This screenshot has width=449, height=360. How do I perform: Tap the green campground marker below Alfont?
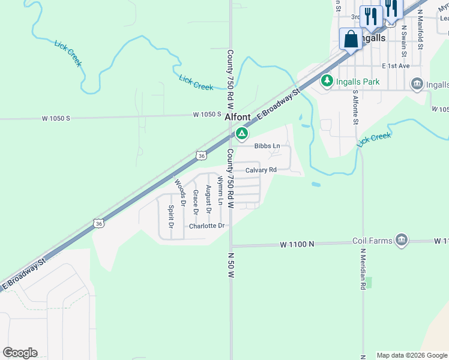point(242,133)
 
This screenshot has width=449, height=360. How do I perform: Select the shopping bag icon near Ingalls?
point(351,40)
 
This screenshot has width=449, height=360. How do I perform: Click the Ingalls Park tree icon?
point(327,80)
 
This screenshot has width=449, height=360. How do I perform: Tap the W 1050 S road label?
point(207,114)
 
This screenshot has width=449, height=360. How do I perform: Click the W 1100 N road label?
point(297,244)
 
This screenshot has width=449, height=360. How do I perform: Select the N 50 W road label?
point(231,265)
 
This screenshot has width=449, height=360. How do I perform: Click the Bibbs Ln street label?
point(267,146)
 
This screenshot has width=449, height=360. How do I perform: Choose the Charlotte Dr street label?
point(206,226)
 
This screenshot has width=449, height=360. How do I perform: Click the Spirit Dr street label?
point(171,217)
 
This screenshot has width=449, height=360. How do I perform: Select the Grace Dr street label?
point(196,202)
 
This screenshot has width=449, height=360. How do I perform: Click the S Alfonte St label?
point(355,108)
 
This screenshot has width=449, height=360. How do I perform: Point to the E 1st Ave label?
point(395,65)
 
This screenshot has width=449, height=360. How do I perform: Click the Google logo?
point(20,353)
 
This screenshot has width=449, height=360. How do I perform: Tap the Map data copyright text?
point(411,355)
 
